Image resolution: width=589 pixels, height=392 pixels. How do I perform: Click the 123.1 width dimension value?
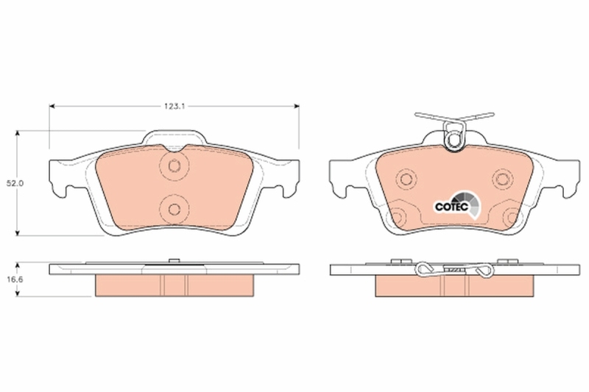point(173,107)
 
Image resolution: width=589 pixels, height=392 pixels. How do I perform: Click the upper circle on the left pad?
point(174,166)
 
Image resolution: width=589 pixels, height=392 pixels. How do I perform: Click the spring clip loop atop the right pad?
point(454,135)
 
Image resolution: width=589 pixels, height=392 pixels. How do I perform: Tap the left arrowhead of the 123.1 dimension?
point(52,107)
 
